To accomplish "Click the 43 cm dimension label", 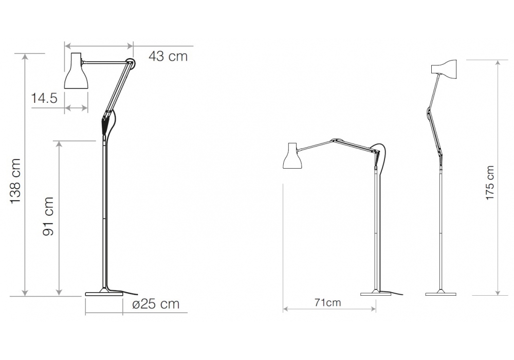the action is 168,57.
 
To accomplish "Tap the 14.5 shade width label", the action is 44,98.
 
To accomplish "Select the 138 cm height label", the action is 15,182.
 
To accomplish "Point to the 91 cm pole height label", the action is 48,216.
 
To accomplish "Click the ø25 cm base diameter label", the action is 156,304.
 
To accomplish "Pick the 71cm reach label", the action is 328,302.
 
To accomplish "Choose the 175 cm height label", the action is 490,183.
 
